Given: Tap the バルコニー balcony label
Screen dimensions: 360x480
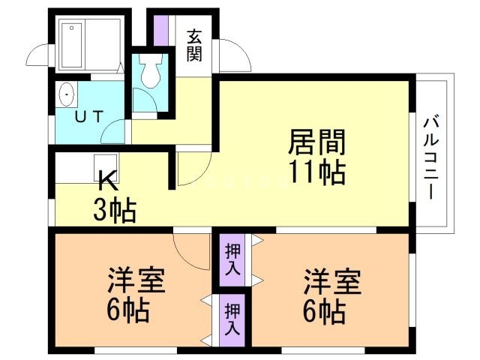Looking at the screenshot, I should pos(430,157).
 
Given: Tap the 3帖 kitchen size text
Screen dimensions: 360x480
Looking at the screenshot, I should pos(114,210).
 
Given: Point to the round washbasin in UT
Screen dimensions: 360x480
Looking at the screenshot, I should pos(67,95).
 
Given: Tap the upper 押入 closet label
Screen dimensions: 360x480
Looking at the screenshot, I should pos(233,259).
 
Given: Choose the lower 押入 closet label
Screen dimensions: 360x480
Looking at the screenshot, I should pos(233,319).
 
